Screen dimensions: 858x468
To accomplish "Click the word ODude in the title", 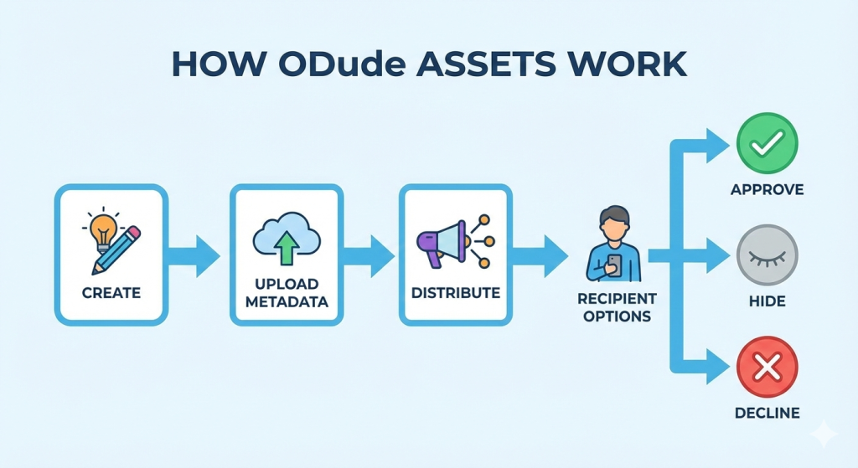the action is [342, 64].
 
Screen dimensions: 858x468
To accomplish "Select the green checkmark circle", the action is [768, 143].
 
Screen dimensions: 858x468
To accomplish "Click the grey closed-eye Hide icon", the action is [768, 255].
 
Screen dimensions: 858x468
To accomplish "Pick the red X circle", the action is [768, 367].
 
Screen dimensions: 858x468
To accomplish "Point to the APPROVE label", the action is [768, 190].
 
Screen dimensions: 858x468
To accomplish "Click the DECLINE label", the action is [768, 413].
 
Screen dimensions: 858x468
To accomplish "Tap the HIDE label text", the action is [768, 301].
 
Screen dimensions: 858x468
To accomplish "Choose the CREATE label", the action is [111, 293].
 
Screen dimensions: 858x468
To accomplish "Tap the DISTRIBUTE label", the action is [456, 293].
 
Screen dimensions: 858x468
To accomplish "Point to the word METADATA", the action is [287, 301].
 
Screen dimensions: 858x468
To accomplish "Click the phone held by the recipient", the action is [615, 265].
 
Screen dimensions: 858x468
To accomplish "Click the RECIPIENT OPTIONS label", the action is [618, 307].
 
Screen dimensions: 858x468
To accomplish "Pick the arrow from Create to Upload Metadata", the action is [194, 255].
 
